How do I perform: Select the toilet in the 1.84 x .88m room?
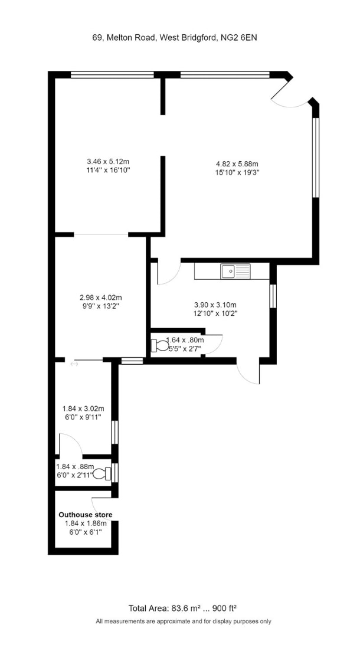(x=106, y=473)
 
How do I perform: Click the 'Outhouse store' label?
(x=85, y=515)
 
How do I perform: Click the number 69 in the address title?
(x=97, y=37)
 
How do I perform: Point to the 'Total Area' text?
(x=149, y=607)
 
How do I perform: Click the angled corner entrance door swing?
(x=290, y=97)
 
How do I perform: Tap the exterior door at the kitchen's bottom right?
(x=249, y=372)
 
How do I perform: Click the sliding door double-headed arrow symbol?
(x=74, y=365)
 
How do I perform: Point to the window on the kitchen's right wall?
(x=273, y=296)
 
